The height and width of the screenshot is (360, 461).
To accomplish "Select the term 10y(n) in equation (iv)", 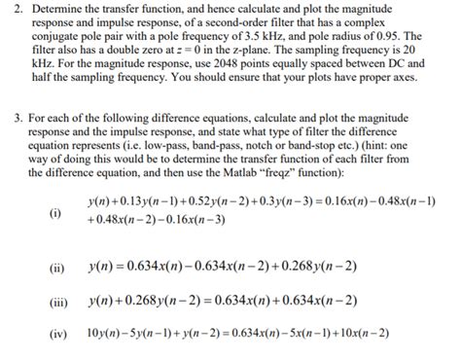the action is pos(104,334).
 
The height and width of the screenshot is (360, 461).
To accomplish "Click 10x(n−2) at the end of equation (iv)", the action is pos(360,334).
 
